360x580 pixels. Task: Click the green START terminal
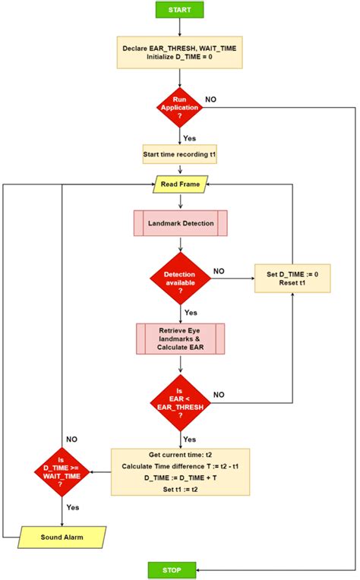pyautogui.click(x=179, y=10)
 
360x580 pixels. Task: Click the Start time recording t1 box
pyautogui.click(x=180, y=155)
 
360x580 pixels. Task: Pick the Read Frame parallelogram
pyautogui.click(x=180, y=184)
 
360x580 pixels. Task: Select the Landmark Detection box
pyautogui.click(x=180, y=223)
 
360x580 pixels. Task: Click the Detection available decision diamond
pyautogui.click(x=180, y=279)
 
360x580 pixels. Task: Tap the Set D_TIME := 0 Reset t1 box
pyautogui.click(x=292, y=279)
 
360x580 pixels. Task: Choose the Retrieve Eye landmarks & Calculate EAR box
pyautogui.click(x=180, y=339)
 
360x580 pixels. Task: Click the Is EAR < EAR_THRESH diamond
pyautogui.click(x=180, y=402)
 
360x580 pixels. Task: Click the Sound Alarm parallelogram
pyautogui.click(x=62, y=537)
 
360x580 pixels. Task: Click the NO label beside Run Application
pyautogui.click(x=210, y=99)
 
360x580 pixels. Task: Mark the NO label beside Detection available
pyautogui.click(x=219, y=271)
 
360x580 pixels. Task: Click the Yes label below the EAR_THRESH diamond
pyautogui.click(x=190, y=439)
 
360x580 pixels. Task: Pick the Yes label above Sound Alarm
pyautogui.click(x=73, y=506)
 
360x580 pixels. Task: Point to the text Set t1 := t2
pyautogui.click(x=180, y=490)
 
